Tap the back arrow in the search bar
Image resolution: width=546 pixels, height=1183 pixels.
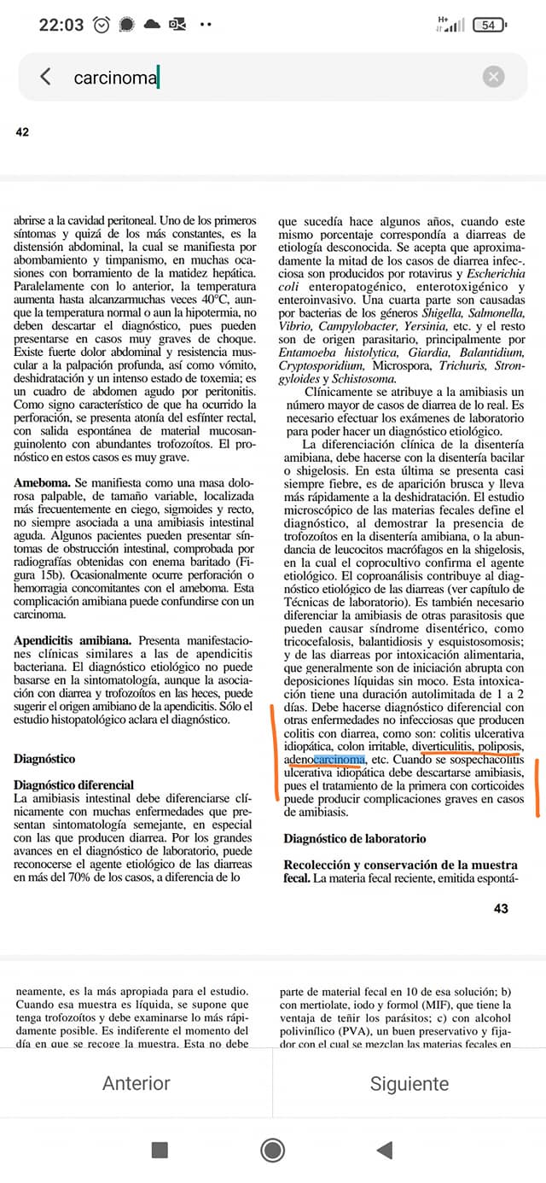pos(46,77)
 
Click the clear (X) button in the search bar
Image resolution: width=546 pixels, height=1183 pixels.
pos(493,77)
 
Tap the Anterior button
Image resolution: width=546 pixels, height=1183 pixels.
pos(136,1083)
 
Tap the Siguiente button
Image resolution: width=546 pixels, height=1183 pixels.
pos(409,1083)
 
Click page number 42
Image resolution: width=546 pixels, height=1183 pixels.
pos(22,132)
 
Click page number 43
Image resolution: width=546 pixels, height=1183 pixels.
pos(501,909)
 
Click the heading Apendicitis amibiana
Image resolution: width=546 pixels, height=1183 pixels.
pos(73,639)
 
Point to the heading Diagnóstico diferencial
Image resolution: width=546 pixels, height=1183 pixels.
pos(73,784)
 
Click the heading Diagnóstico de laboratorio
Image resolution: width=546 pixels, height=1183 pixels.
pos(354,839)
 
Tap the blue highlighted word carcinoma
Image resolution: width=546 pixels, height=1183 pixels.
pos(339,759)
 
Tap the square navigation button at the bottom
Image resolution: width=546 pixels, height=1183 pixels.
pos(160,1150)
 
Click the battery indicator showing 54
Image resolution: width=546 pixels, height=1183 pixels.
pos(488,25)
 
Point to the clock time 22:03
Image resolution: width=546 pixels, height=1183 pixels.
pos(62,25)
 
